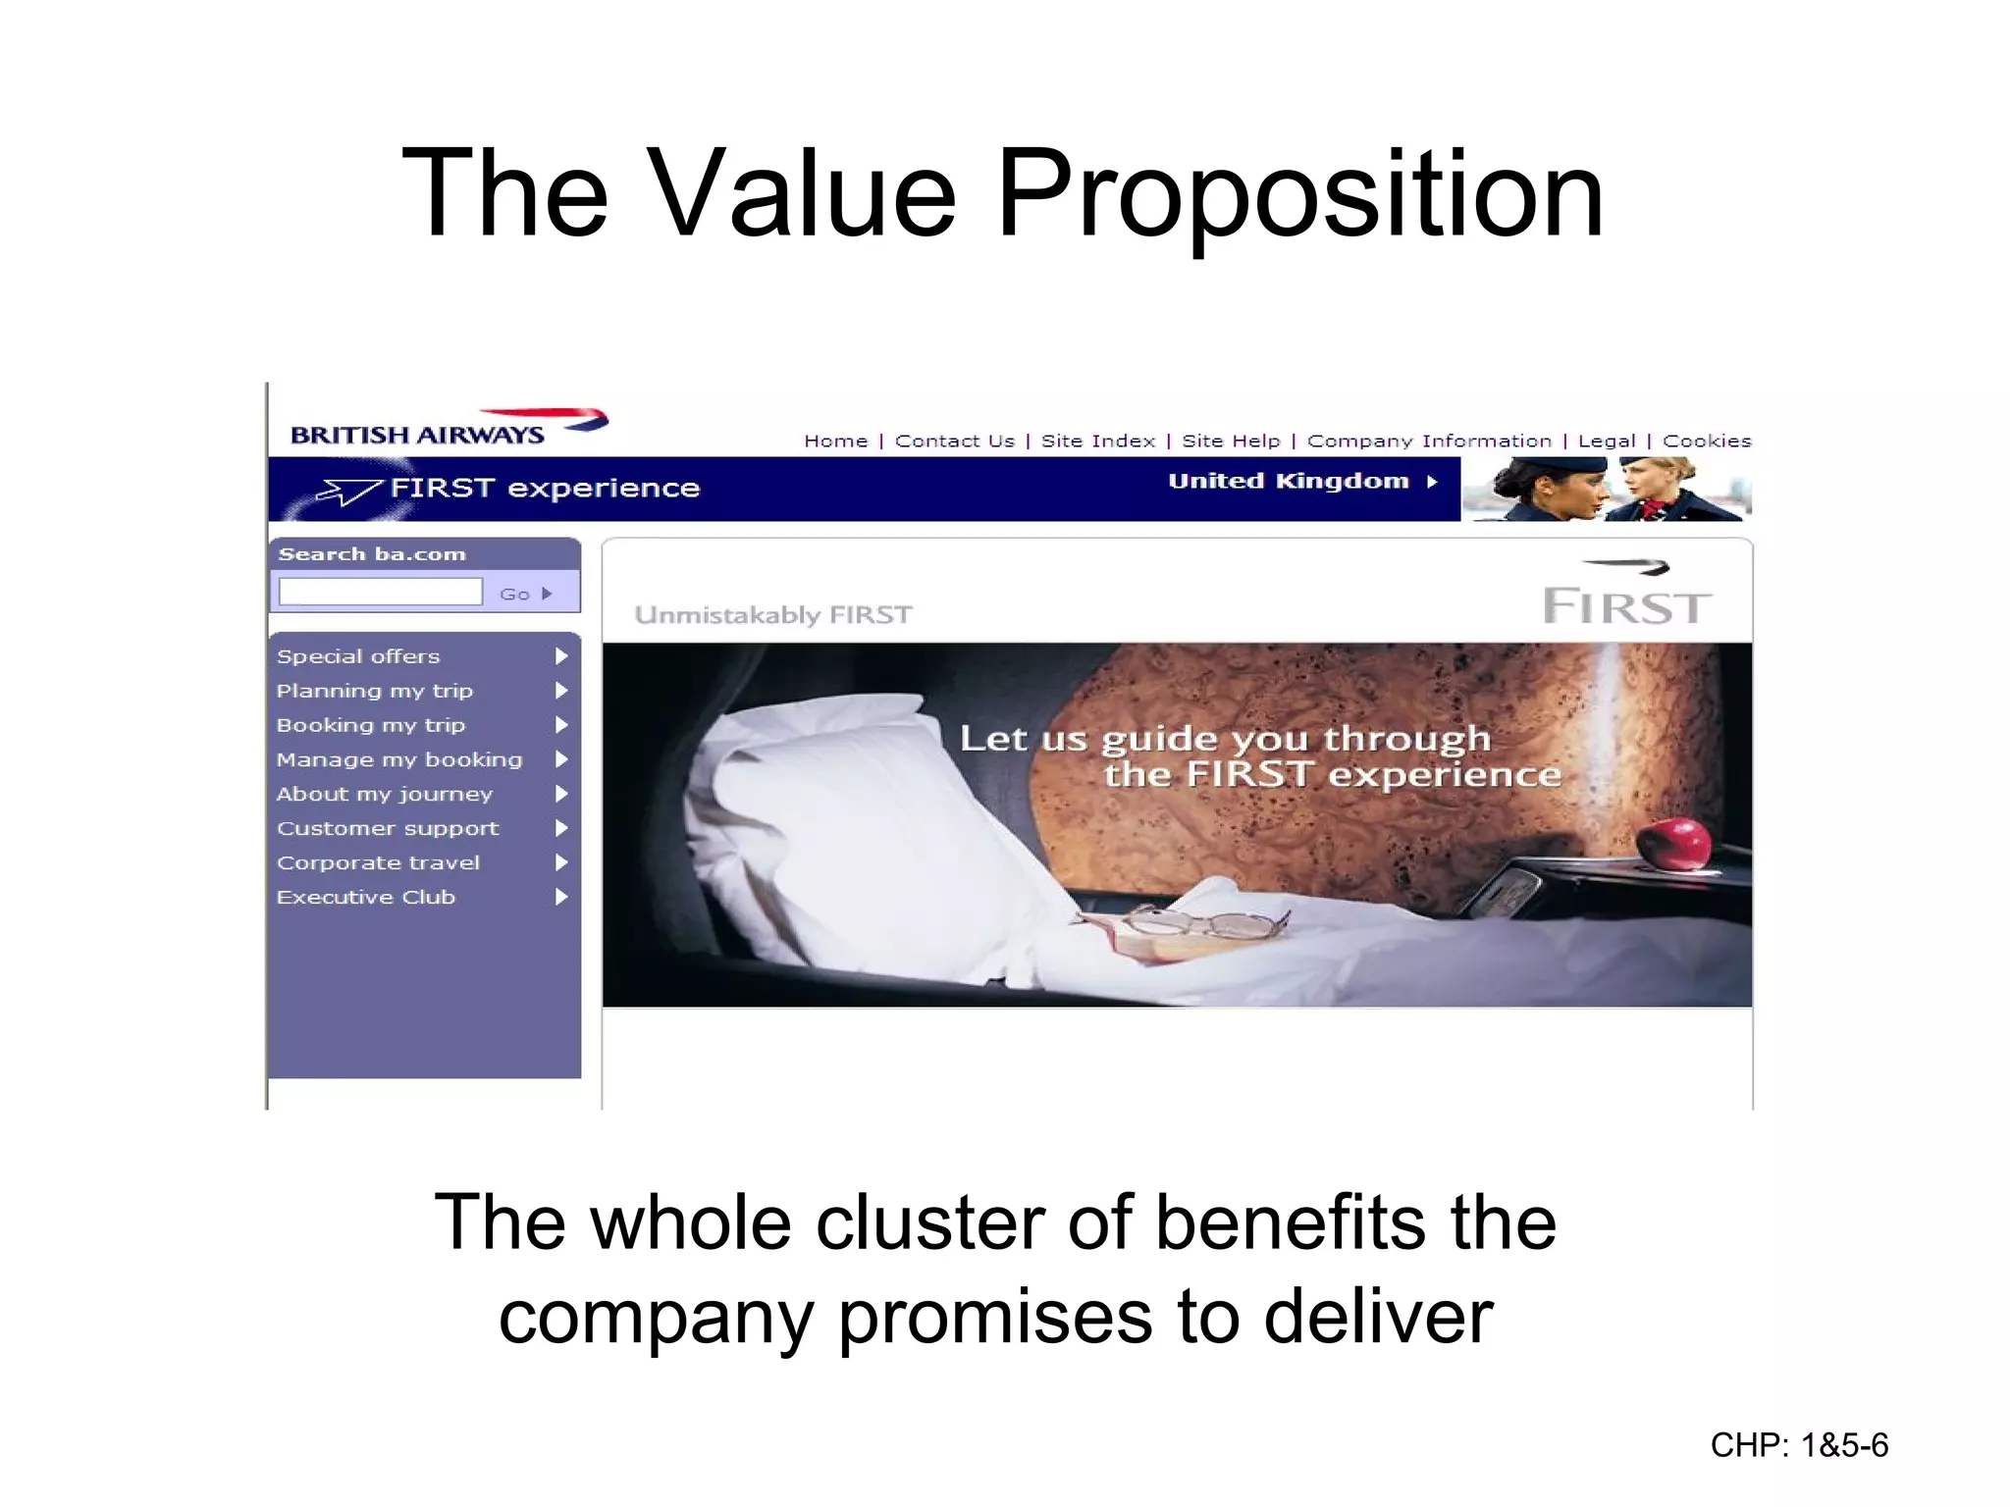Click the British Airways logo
[448, 428]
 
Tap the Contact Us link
[954, 442]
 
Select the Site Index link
[1097, 442]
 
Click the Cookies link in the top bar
[1706, 442]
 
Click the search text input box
[381, 592]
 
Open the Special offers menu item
[358, 656]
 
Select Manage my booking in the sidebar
[398, 759]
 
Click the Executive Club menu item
[365, 897]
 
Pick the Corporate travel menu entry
[378, 862]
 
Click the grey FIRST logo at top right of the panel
[1626, 598]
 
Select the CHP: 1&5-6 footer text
[1798, 1445]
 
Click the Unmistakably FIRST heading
[772, 615]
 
